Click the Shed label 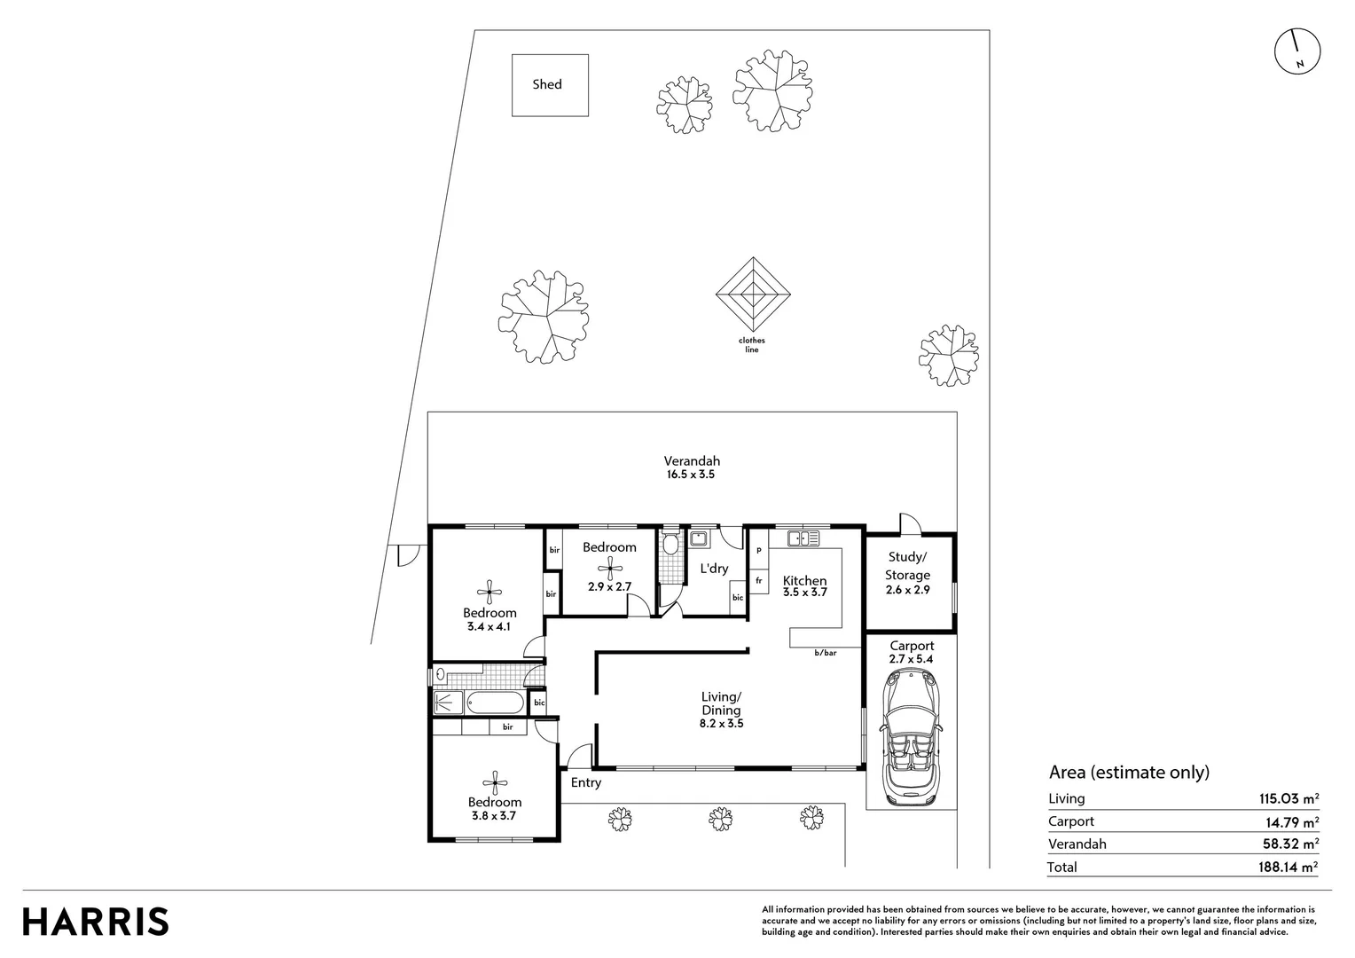547,84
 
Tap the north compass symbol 1297,51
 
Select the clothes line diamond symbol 753,294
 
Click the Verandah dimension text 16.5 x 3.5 691,475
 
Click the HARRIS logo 96,922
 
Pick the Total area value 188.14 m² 1288,867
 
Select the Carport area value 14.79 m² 1292,821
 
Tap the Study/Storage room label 907,565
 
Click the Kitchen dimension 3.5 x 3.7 804,593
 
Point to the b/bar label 825,653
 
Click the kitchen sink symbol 803,538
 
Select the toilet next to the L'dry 670,543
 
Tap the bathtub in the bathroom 496,703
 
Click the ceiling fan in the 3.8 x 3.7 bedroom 495,782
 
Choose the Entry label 585,782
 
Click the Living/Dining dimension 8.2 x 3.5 721,723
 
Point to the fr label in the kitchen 758,581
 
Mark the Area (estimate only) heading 1129,773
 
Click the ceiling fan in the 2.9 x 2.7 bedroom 610,569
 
